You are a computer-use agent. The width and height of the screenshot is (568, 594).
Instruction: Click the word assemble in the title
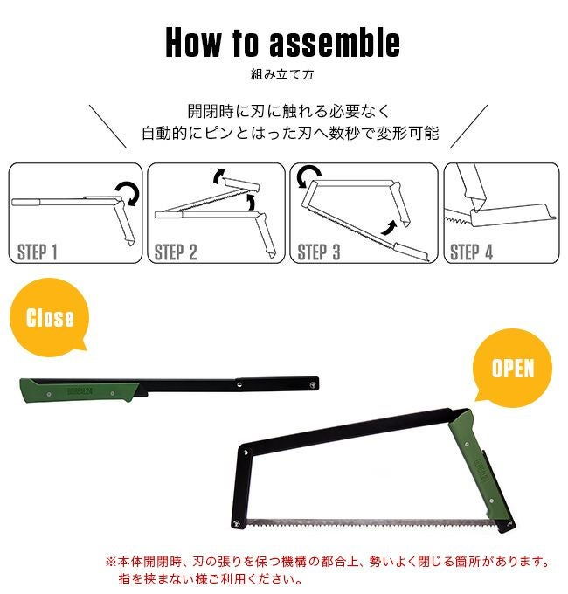(335, 43)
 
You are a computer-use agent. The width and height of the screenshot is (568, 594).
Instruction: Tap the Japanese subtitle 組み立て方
(282, 74)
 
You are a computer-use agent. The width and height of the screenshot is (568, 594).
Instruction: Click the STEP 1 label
(37, 252)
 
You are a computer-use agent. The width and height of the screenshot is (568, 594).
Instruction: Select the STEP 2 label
(176, 252)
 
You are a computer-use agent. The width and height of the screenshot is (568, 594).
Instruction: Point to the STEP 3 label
(319, 252)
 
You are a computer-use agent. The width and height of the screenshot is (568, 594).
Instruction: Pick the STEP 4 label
(471, 252)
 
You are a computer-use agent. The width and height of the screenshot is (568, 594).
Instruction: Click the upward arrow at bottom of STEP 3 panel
(389, 228)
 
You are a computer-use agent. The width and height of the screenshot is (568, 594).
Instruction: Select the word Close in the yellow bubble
(50, 317)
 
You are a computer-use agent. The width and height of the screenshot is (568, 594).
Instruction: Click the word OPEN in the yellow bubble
(513, 368)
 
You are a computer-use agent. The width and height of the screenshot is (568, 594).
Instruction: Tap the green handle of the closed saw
(79, 390)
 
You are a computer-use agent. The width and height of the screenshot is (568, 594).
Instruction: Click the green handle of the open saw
(481, 470)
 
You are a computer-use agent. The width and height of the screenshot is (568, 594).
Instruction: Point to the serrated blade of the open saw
(371, 523)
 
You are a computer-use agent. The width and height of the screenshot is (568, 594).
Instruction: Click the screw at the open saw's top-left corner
(246, 452)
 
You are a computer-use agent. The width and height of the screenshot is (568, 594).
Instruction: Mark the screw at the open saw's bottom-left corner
(237, 523)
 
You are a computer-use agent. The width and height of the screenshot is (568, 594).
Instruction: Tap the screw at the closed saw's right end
(313, 384)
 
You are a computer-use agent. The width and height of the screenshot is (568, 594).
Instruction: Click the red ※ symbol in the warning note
(111, 562)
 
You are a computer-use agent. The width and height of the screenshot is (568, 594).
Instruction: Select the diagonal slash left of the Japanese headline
(108, 127)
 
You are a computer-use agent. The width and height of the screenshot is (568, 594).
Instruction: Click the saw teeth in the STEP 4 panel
(457, 219)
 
